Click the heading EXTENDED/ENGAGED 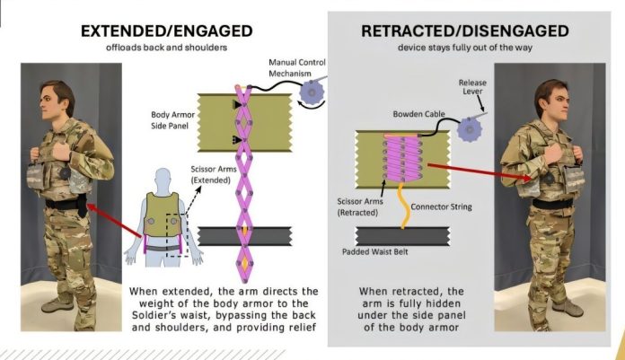[163, 30]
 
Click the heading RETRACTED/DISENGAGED [464, 31]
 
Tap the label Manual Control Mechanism [296, 67]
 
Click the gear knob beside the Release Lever [468, 128]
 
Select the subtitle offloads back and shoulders [163, 47]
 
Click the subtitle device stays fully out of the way [464, 48]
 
